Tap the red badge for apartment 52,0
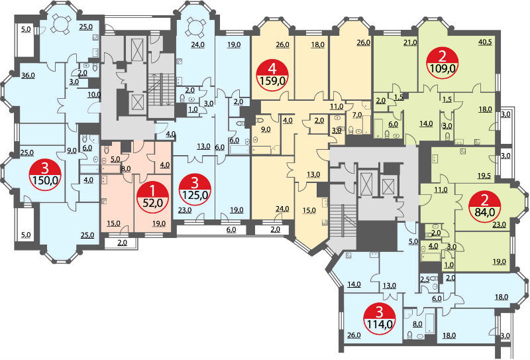(152, 197)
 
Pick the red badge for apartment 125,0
(195, 190)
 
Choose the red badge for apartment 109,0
(442, 62)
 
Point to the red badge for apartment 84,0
(484, 206)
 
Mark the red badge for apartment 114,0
(379, 318)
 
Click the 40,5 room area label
(485, 42)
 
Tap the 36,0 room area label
(28, 76)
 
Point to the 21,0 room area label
(410, 42)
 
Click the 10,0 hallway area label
(94, 95)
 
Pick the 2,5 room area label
(425, 280)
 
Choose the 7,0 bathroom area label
(357, 115)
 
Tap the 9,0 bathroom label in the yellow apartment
(266, 129)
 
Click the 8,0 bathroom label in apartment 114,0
(417, 324)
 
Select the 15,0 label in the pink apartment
(113, 223)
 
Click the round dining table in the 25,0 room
(62, 24)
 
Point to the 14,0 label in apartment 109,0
(426, 124)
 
